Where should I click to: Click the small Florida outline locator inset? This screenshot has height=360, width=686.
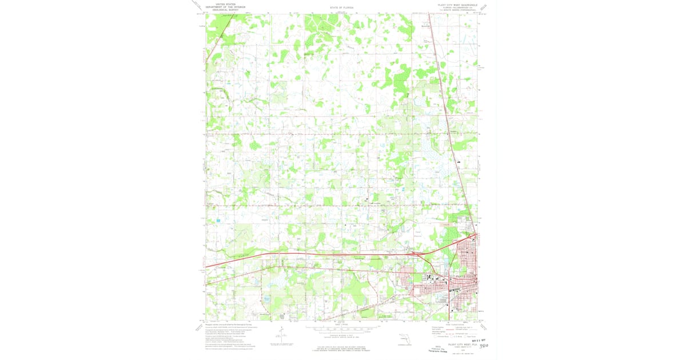coord(404,338)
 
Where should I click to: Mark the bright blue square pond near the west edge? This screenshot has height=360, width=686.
coord(218,220)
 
